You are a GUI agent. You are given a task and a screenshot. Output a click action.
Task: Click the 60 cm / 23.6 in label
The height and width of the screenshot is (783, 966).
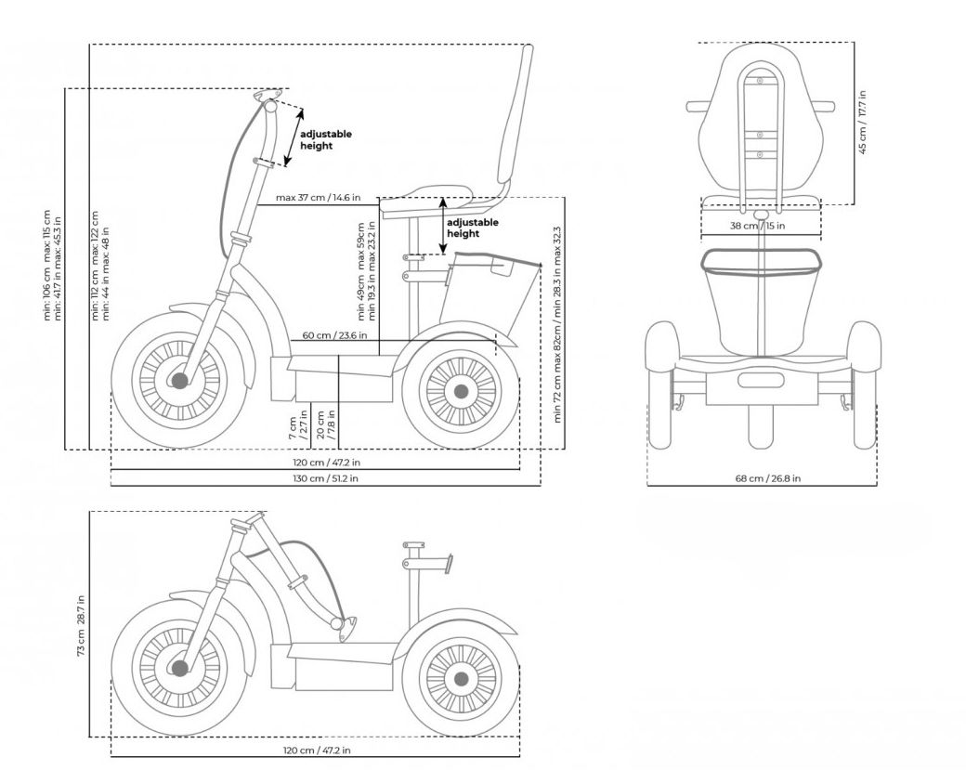[x=334, y=336]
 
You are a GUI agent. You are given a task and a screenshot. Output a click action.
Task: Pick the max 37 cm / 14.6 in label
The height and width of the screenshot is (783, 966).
[x=324, y=198]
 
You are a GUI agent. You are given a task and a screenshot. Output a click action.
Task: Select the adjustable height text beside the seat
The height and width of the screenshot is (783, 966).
[x=473, y=228]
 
